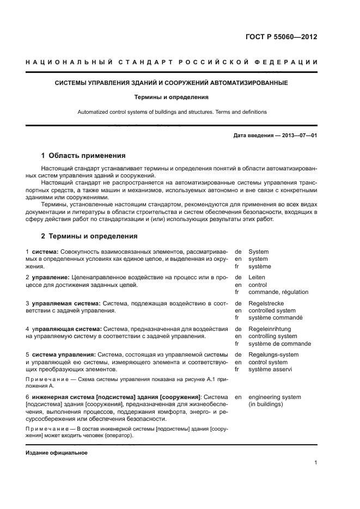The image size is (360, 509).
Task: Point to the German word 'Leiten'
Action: (257, 277)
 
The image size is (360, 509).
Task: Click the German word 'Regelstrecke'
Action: (266, 303)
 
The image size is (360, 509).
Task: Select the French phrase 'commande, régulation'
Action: (278, 292)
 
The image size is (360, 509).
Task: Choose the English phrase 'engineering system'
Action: (274, 397)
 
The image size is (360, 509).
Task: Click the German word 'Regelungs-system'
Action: (273, 354)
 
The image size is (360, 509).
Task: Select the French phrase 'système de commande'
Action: (279, 344)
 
